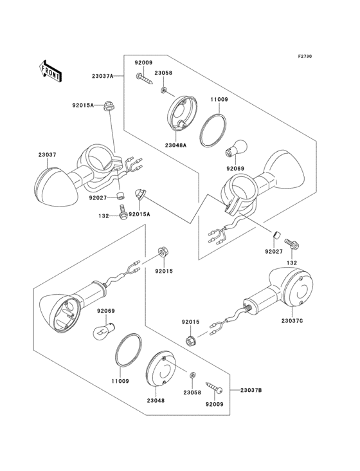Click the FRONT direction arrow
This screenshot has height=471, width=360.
pyautogui.click(x=51, y=71)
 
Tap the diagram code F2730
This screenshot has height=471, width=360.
pyautogui.click(x=305, y=56)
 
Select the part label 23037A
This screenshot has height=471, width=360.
pyautogui.click(x=103, y=77)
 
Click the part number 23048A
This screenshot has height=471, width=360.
pyautogui.click(x=175, y=145)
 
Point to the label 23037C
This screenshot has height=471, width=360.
pyautogui.click(x=292, y=321)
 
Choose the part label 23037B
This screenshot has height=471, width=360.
pyautogui.click(x=251, y=390)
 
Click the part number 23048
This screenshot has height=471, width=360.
pyautogui.click(x=156, y=400)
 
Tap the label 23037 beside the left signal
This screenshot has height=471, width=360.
pyautogui.click(x=47, y=154)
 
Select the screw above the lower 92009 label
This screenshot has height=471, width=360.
pyautogui.click(x=215, y=388)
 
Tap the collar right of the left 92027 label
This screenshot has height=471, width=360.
pyautogui.click(x=121, y=194)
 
